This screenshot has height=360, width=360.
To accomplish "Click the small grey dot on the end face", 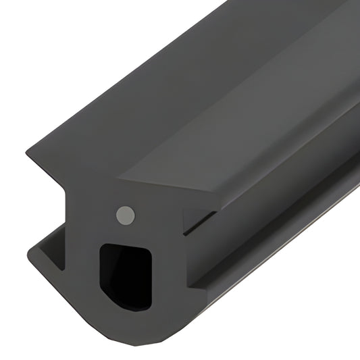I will [x=124, y=215].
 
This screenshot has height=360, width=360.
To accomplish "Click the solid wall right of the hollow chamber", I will [x=169, y=270].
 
